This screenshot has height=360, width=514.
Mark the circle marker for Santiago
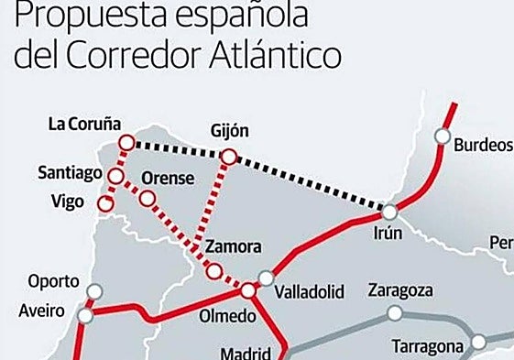[x=116, y=176]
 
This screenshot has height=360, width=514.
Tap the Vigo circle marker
[x=105, y=202]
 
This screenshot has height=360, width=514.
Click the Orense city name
[x=168, y=178]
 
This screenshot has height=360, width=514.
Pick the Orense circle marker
[x=148, y=198]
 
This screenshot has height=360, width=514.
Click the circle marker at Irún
[x=390, y=212]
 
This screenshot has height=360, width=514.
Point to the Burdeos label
[x=483, y=144]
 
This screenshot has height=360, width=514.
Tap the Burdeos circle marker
[x=443, y=137]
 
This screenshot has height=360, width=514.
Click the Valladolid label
[x=310, y=292]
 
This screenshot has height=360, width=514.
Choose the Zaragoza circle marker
[x=395, y=313]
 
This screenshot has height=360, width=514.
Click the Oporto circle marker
[x=92, y=292]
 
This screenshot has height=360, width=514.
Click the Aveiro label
[x=41, y=311]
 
